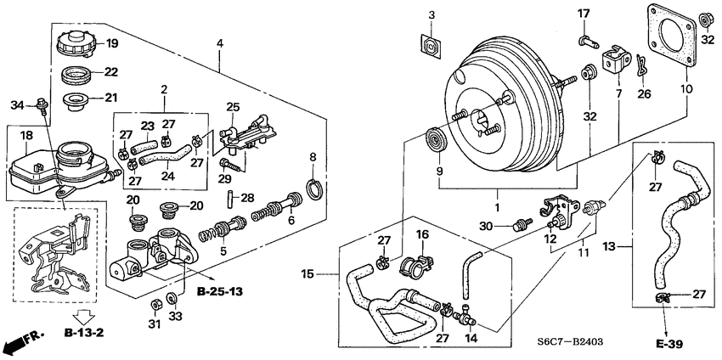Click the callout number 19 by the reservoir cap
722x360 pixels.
click(112, 43)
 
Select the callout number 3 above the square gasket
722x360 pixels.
click(431, 15)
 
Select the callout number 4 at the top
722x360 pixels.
click(220, 43)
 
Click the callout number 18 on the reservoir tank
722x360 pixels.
click(27, 135)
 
